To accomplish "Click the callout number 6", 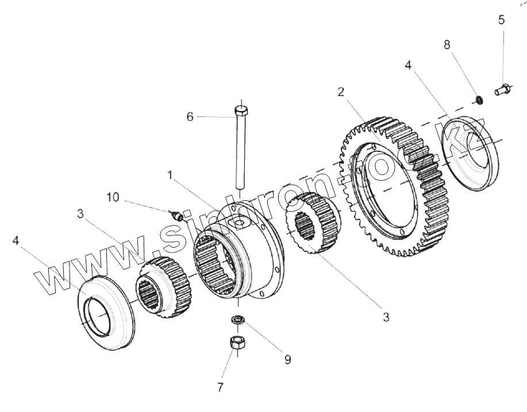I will point(190,117).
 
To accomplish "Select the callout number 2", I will point(341,92).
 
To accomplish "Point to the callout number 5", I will point(502,20).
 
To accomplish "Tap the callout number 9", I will point(287,360).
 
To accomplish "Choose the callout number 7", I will point(220,387).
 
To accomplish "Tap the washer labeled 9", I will point(236,320).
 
